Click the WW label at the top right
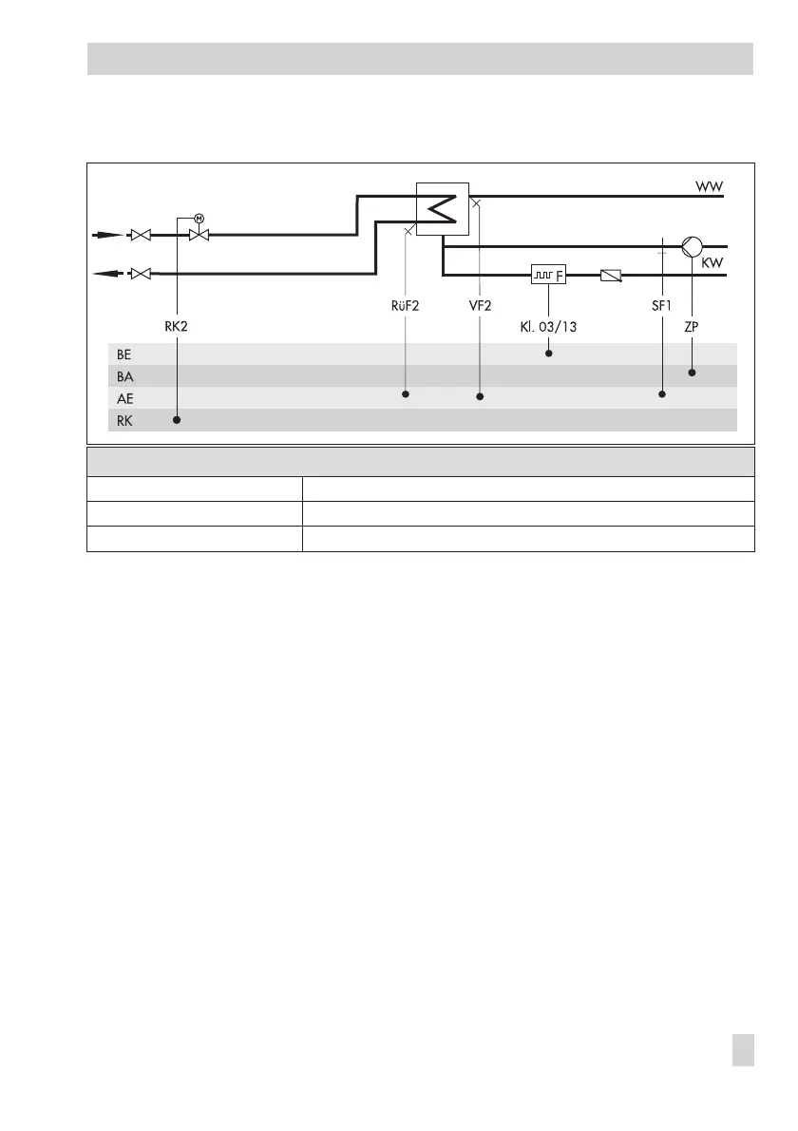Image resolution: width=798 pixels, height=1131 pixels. coord(710,186)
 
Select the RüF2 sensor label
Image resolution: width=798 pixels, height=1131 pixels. coord(406,306)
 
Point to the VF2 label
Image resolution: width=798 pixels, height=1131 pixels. coord(480,306)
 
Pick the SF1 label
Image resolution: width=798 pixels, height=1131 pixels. coord(662,306)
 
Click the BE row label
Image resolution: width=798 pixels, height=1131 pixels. coord(124,353)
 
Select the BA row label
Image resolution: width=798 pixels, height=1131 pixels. coord(124,375)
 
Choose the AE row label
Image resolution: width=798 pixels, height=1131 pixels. coord(124,398)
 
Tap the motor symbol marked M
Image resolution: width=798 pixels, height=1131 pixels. coord(199,218)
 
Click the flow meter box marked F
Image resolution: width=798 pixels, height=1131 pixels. coord(549,275)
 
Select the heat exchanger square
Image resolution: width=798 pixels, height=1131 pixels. coord(443,208)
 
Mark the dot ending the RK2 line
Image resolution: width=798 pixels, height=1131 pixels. coord(178,419)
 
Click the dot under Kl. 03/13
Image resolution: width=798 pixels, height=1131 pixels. coord(549,354)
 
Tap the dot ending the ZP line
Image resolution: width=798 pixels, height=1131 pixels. coord(693,374)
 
